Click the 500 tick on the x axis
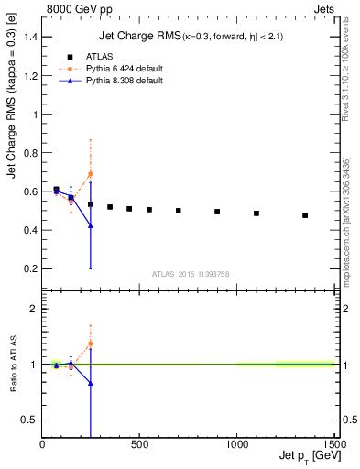coord(139,445)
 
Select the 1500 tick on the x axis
coord(333,445)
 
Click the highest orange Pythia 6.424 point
coord(90,173)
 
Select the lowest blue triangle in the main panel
coord(90,225)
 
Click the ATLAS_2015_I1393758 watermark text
coord(190,274)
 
